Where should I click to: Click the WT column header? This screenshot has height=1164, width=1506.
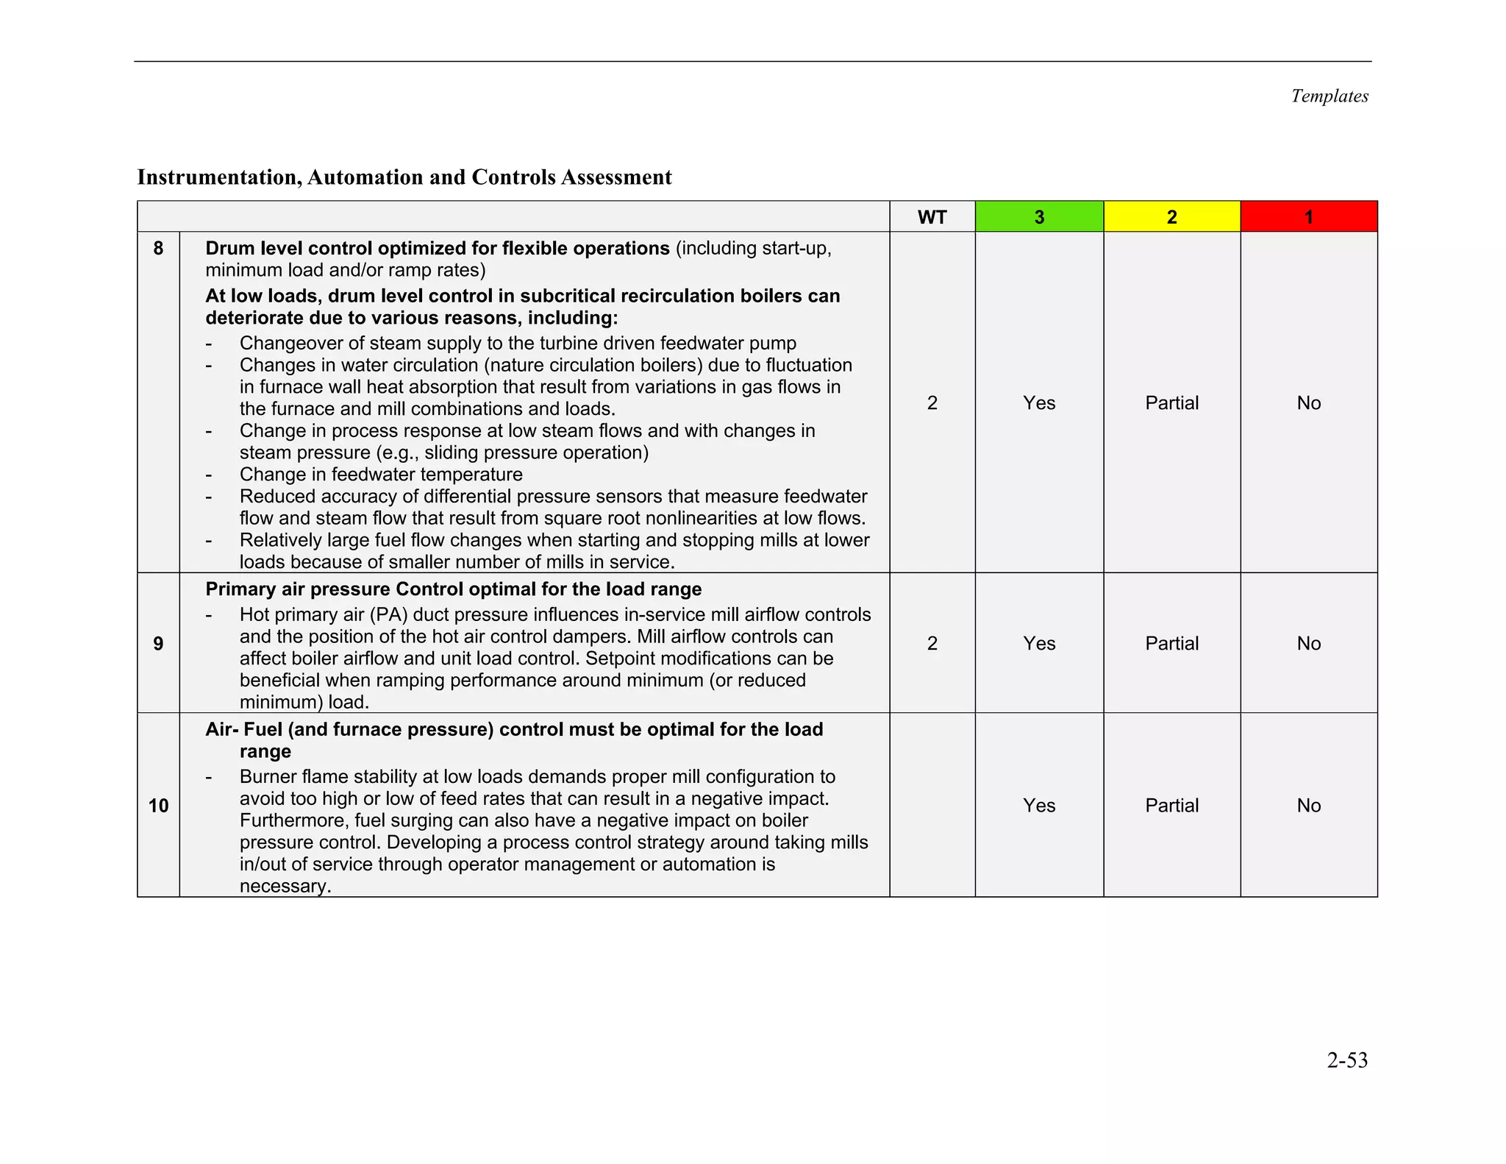932,217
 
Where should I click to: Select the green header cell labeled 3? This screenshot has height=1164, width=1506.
1038,217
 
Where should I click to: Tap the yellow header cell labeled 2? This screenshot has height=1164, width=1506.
1171,217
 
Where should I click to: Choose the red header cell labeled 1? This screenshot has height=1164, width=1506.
1308,217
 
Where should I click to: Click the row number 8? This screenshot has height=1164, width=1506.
158,249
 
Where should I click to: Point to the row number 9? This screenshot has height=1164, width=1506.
158,644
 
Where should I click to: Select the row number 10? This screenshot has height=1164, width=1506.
158,806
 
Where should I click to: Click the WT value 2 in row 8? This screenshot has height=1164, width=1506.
932,403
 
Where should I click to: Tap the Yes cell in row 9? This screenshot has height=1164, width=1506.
1038,644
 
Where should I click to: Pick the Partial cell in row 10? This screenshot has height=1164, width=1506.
1171,806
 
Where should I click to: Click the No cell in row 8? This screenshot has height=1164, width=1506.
1308,403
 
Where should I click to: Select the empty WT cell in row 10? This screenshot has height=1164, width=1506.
932,806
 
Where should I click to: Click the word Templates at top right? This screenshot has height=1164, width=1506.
1329,96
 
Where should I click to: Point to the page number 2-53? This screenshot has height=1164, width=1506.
1346,1060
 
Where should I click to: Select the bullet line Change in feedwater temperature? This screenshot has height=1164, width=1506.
380,475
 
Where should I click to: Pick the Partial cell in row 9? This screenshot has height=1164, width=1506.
1171,644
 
